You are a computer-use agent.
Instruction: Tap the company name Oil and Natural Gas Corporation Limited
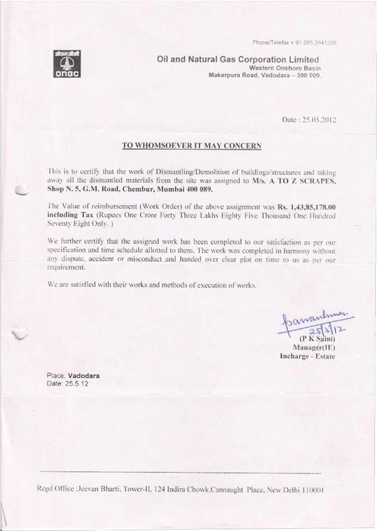point(238,59)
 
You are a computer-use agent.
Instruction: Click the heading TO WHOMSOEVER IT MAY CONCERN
point(192,146)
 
